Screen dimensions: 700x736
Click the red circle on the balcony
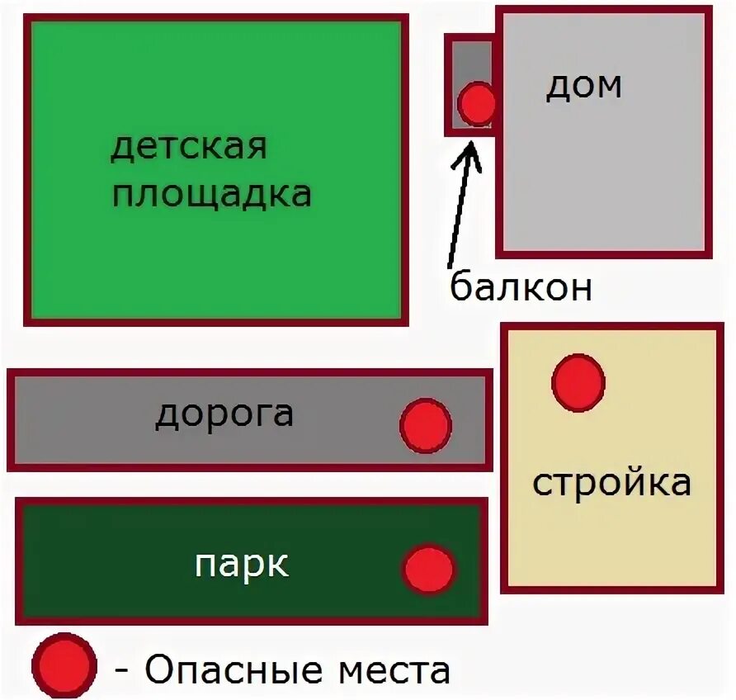coord(477,104)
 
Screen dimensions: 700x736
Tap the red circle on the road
coord(426,426)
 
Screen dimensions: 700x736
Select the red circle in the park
coord(429,570)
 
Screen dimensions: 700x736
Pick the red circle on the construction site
coord(578,383)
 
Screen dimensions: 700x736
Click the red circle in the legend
coord(64,666)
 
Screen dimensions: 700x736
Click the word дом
coord(583,86)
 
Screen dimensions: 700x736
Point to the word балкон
coord(521,287)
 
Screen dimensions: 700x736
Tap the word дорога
coord(224,414)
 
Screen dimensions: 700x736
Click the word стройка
coord(611,483)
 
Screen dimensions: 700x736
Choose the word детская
coord(189,148)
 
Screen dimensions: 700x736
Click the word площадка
coord(211,196)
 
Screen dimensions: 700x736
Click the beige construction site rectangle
coord(611,537)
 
